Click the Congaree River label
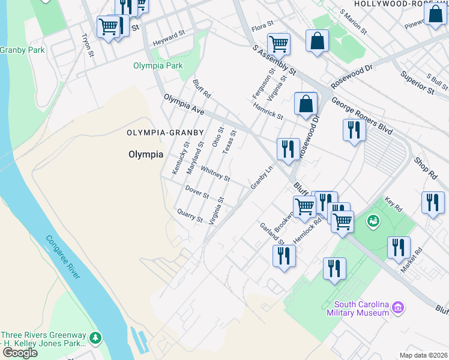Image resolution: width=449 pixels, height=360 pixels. (63, 257)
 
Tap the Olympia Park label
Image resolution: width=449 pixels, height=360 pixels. (157, 65)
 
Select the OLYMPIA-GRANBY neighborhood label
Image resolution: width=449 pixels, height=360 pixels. (166, 132)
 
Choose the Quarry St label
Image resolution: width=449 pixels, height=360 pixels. (190, 215)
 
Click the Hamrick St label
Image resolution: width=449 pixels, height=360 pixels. (267, 110)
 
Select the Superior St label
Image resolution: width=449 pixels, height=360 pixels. (417, 83)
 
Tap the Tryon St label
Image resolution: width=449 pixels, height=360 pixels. (88, 45)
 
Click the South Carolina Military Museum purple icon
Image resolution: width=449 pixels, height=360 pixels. (397, 308)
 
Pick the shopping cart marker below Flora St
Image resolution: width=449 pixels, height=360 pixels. (279, 43)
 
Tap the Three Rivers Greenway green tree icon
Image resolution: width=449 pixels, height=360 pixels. (95, 339)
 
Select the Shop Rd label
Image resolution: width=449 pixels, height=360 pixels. (425, 168)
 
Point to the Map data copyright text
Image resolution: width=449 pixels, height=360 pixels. (424, 355)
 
